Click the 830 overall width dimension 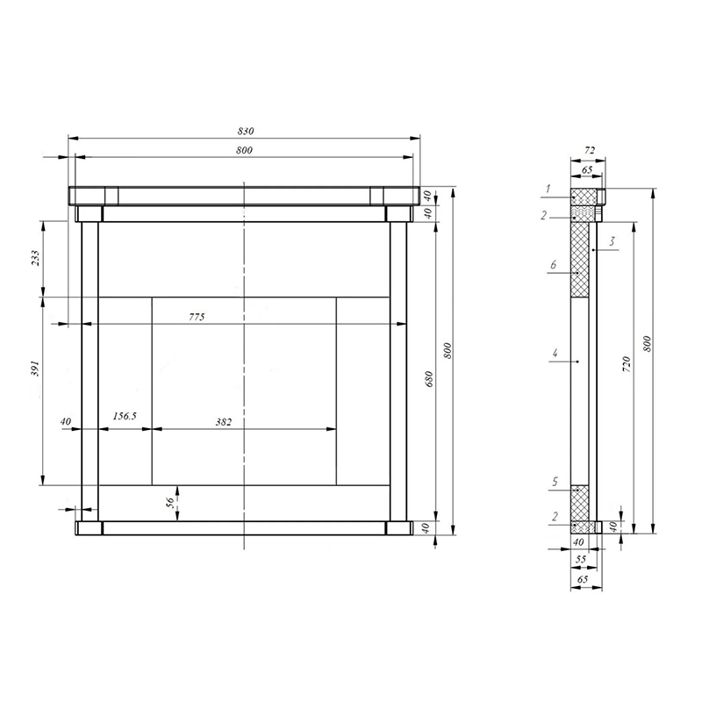tap(246, 131)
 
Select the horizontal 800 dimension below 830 tap(244, 150)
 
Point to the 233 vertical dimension tap(35, 258)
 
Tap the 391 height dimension tap(35, 368)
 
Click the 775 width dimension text tap(197, 317)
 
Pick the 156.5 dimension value tap(124, 416)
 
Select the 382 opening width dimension tap(224, 422)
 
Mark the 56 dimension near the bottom tap(169, 503)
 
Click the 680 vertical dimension tap(429, 379)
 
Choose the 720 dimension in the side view tap(627, 364)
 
